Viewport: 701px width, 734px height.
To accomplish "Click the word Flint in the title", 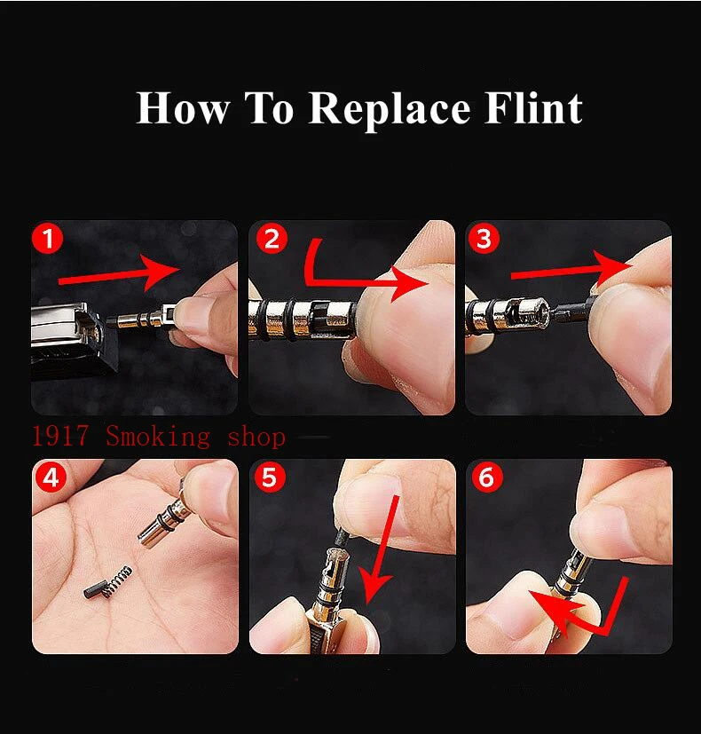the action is [x=533, y=108].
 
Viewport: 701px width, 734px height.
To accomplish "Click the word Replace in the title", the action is [x=390, y=110].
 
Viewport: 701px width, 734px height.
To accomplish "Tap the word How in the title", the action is [x=183, y=108].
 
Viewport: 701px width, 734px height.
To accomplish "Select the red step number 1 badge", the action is [x=48, y=239].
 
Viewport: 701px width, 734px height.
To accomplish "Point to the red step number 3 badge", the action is [x=484, y=238].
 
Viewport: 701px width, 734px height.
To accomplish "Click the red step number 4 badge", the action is [x=51, y=477].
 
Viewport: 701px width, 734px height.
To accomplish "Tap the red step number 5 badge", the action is [x=270, y=477].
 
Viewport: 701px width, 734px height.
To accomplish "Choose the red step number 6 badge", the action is [x=486, y=477].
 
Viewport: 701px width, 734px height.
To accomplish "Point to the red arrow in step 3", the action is [x=571, y=272].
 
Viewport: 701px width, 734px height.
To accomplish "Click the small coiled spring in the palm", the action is [x=117, y=581].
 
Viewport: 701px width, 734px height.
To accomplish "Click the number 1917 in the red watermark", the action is [x=60, y=436].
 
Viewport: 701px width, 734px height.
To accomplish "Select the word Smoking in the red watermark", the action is [x=158, y=438].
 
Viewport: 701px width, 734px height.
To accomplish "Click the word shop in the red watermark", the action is [x=256, y=438].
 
